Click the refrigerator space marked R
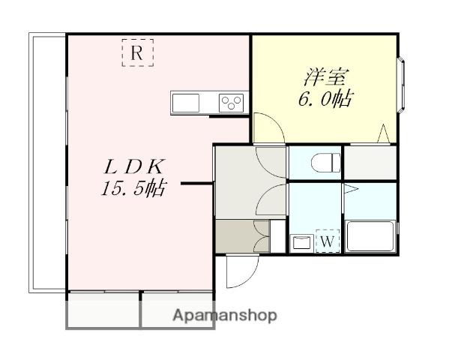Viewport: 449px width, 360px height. pyautogui.click(x=136, y=53)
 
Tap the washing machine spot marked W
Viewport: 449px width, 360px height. pyautogui.click(x=327, y=241)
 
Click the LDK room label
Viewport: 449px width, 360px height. pyautogui.click(x=134, y=166)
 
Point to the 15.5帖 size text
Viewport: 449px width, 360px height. pyautogui.click(x=133, y=189)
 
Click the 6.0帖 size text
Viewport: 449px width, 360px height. pyautogui.click(x=324, y=99)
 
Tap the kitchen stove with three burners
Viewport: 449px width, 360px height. pyautogui.click(x=232, y=103)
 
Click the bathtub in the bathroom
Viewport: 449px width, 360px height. pyautogui.click(x=370, y=238)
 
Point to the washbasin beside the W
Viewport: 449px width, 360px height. pyautogui.click(x=301, y=241)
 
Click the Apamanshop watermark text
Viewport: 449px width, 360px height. pyautogui.click(x=225, y=316)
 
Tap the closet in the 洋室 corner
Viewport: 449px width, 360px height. pyautogui.click(x=370, y=162)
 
